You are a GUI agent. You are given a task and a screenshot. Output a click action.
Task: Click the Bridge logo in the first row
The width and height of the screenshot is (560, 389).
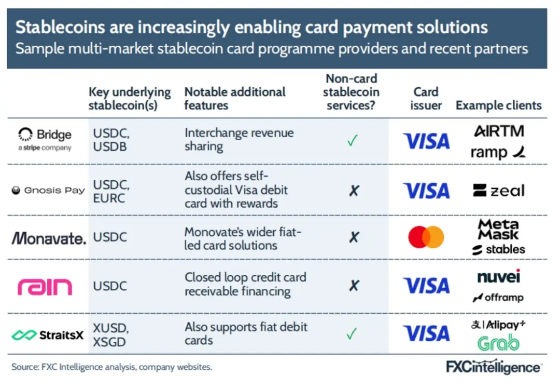[x=45, y=139]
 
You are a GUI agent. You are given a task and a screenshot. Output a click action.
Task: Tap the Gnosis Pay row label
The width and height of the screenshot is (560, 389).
[x=49, y=191]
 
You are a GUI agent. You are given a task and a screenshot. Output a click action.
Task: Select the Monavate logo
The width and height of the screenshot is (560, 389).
[x=49, y=238]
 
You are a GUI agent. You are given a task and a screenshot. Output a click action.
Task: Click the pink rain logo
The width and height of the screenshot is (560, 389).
[x=45, y=287]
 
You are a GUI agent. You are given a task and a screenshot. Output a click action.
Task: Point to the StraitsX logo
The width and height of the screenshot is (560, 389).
[x=48, y=335]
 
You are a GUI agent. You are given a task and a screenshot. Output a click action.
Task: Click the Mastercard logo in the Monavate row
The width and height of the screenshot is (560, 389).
[x=426, y=237]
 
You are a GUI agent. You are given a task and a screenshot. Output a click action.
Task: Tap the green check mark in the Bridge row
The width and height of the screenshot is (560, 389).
[x=352, y=140]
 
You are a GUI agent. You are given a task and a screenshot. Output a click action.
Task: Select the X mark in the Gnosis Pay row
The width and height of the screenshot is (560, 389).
[x=354, y=191]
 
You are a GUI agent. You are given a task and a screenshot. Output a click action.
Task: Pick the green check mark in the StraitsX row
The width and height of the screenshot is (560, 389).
[x=352, y=334]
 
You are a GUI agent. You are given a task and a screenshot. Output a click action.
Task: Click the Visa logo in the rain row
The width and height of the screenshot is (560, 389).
[x=426, y=286]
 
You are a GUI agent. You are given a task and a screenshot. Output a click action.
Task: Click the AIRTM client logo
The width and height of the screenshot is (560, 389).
[x=499, y=131]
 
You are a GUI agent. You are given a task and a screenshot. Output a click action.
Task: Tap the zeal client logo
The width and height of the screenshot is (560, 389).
[x=499, y=191]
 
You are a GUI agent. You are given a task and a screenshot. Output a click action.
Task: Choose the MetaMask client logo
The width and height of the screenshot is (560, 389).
[x=498, y=229]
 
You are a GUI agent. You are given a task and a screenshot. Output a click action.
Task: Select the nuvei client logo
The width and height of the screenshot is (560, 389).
[x=499, y=276]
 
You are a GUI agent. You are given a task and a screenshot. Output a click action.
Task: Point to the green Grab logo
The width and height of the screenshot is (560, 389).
[x=498, y=343]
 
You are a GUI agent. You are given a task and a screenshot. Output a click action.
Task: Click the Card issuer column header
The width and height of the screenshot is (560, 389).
[x=426, y=98]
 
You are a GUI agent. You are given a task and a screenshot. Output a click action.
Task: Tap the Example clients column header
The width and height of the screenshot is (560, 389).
[x=499, y=105]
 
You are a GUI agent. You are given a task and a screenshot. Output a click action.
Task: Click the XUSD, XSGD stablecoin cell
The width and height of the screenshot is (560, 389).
[x=111, y=335]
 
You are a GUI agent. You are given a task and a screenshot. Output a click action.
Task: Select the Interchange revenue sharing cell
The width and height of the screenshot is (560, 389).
[x=239, y=140]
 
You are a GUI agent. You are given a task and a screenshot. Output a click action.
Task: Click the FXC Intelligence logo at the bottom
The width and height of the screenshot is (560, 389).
[x=494, y=367]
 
